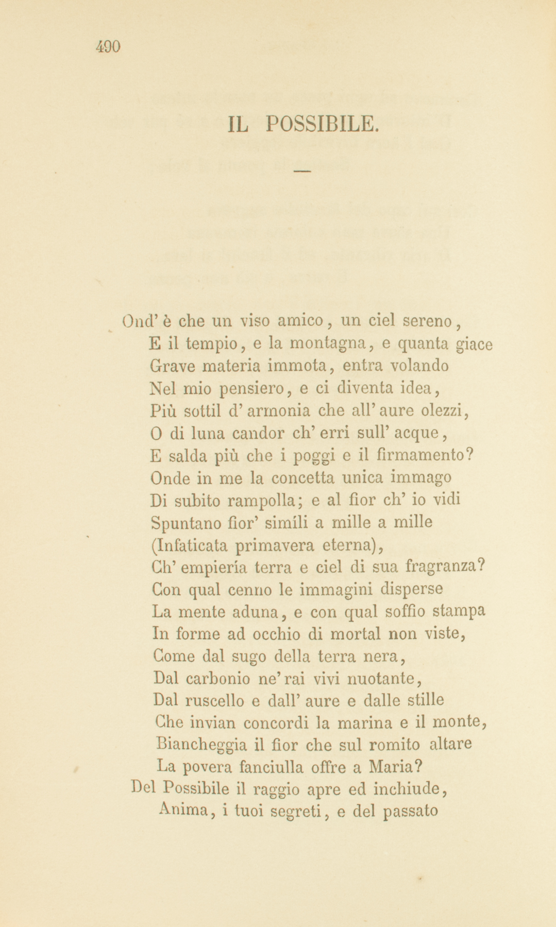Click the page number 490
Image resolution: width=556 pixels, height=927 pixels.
(108, 47)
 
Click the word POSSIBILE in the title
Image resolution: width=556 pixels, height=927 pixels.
(323, 124)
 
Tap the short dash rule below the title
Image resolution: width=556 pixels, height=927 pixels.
(303, 170)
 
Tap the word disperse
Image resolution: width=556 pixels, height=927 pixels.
(411, 589)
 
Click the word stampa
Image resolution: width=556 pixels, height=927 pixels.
(459, 611)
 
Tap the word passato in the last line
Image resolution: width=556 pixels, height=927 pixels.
(410, 811)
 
